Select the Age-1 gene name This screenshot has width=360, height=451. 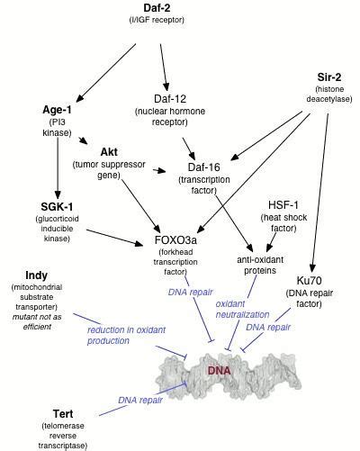click(x=57, y=110)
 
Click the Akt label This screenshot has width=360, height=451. click(x=108, y=152)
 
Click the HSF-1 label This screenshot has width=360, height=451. click(x=283, y=204)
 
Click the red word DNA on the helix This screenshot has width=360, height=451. click(x=220, y=371)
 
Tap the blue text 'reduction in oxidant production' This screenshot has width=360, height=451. click(x=123, y=335)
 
